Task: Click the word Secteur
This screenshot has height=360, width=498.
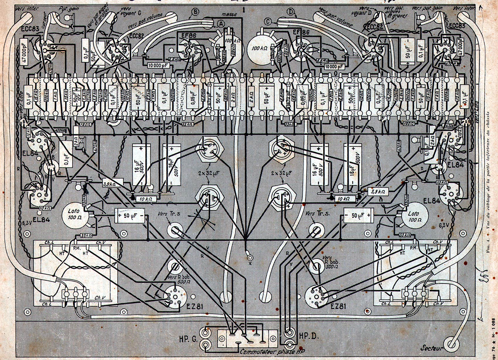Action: (x=431, y=348)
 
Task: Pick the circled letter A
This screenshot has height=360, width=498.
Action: (x=221, y=23)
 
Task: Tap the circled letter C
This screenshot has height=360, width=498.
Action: (x=268, y=21)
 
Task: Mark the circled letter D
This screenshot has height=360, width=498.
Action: (x=291, y=12)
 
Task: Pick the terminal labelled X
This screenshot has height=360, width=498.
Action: (x=250, y=258)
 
